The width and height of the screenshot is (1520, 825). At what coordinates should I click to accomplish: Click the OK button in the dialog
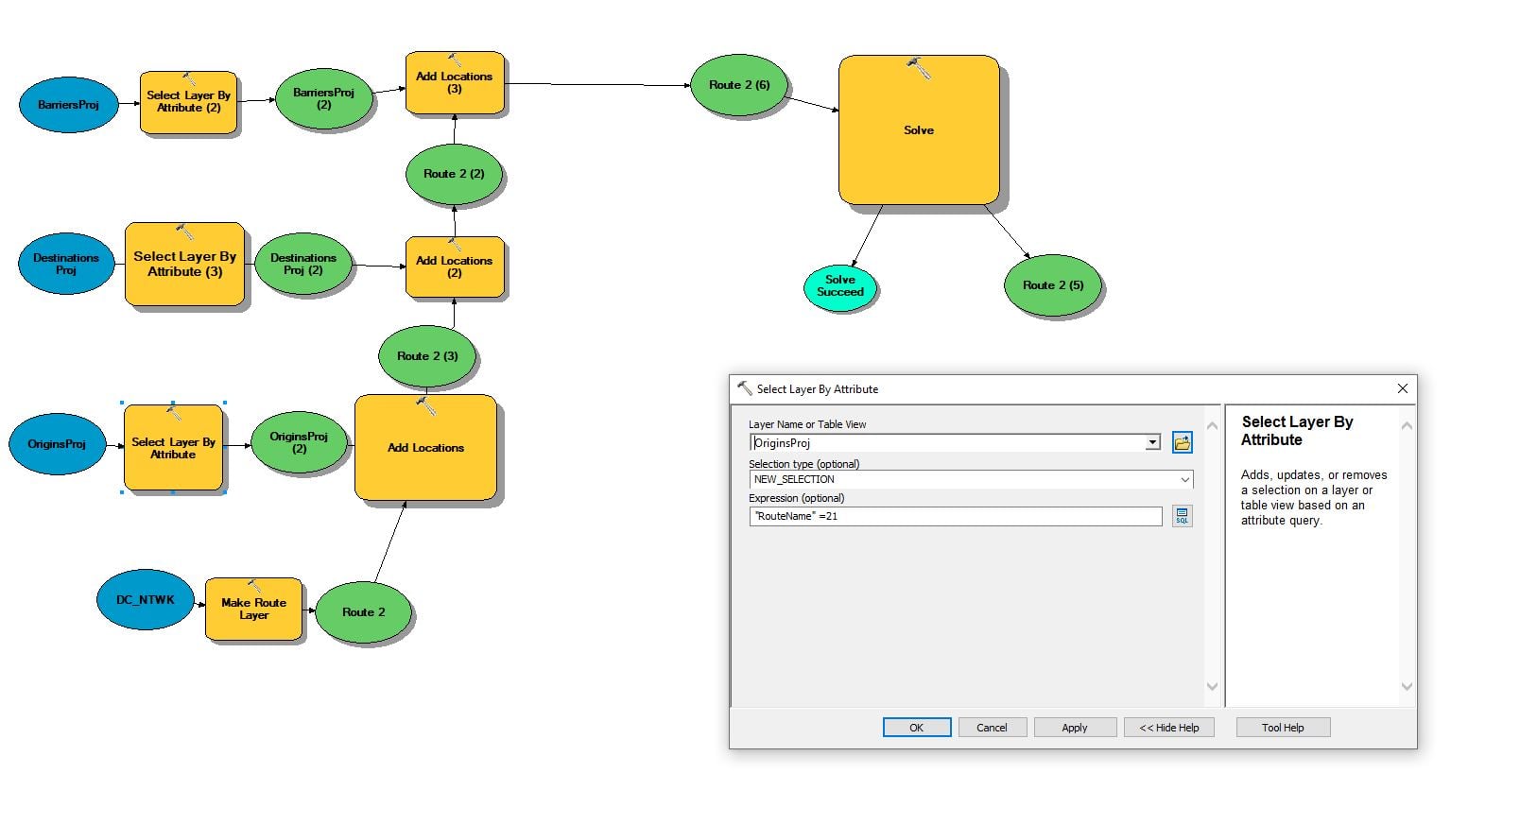click(917, 728)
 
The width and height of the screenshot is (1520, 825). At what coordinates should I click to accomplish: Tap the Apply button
click(1075, 728)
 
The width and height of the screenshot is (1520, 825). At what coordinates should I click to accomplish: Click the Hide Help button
click(1169, 728)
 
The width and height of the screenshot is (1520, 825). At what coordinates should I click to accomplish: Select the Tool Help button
click(1283, 728)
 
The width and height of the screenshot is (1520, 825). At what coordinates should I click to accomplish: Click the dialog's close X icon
click(1403, 388)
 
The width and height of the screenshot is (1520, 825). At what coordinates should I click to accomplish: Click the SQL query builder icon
click(1183, 516)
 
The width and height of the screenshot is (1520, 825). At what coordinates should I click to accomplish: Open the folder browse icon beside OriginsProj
click(1183, 442)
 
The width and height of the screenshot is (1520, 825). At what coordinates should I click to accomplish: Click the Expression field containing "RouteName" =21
click(956, 516)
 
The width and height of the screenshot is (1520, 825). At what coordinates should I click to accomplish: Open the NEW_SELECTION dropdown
click(971, 479)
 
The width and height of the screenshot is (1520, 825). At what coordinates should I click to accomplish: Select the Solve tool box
click(919, 129)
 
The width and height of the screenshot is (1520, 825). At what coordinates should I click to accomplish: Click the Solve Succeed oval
click(840, 286)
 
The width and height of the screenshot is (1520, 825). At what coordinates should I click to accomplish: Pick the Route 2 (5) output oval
click(1052, 285)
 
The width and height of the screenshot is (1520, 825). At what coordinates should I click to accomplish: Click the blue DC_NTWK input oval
click(146, 600)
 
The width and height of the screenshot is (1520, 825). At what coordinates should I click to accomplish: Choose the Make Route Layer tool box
click(253, 609)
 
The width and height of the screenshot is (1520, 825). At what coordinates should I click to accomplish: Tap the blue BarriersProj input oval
click(69, 105)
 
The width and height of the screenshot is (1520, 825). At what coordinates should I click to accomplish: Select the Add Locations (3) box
click(455, 82)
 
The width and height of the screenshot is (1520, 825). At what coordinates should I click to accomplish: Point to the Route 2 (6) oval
click(739, 85)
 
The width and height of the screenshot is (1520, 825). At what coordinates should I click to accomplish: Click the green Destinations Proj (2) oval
click(303, 264)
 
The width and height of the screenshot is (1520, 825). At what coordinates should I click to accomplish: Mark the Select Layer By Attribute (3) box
click(184, 264)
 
